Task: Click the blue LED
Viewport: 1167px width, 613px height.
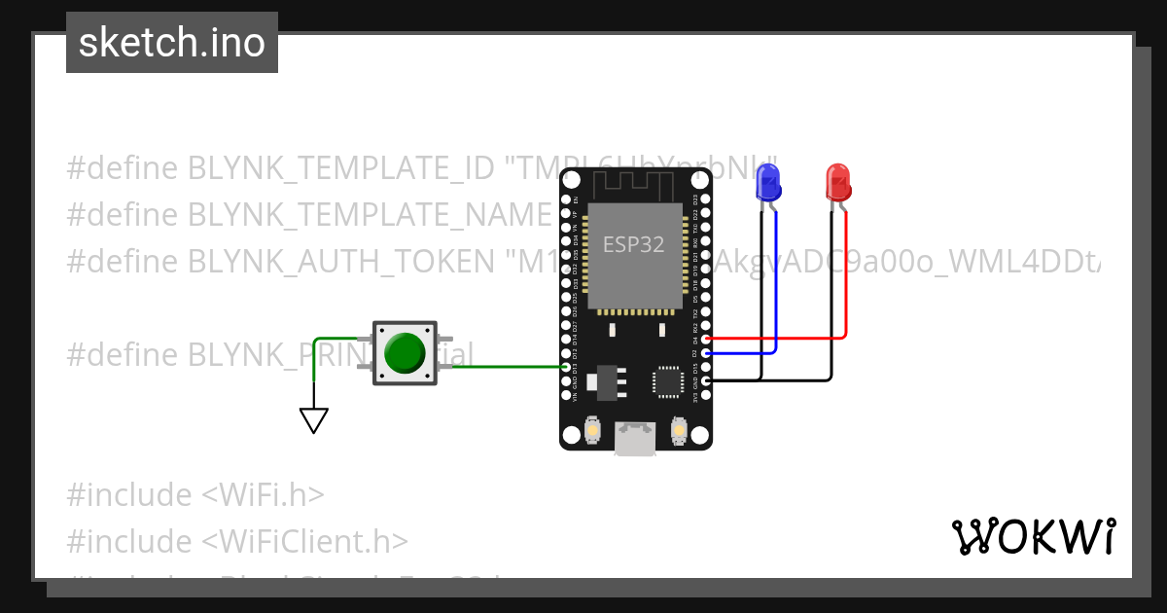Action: coord(768,183)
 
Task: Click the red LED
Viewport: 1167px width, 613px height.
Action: coord(837,183)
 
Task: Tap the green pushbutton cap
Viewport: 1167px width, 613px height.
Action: coord(404,353)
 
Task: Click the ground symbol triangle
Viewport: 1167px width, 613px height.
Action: coord(313,420)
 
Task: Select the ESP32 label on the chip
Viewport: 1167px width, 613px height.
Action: coord(633,244)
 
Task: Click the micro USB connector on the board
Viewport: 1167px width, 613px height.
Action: coord(634,439)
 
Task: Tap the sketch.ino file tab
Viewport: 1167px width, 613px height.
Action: coord(172,43)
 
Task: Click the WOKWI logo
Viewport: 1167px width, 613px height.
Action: coord(1032,536)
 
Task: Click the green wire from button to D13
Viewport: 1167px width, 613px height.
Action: coord(506,367)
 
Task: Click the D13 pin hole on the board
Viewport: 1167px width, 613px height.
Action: coord(568,367)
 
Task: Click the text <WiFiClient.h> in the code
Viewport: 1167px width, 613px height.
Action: coord(305,541)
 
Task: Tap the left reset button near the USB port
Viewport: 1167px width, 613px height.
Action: coord(592,429)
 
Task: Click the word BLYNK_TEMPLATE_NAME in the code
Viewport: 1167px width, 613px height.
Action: coord(370,214)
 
